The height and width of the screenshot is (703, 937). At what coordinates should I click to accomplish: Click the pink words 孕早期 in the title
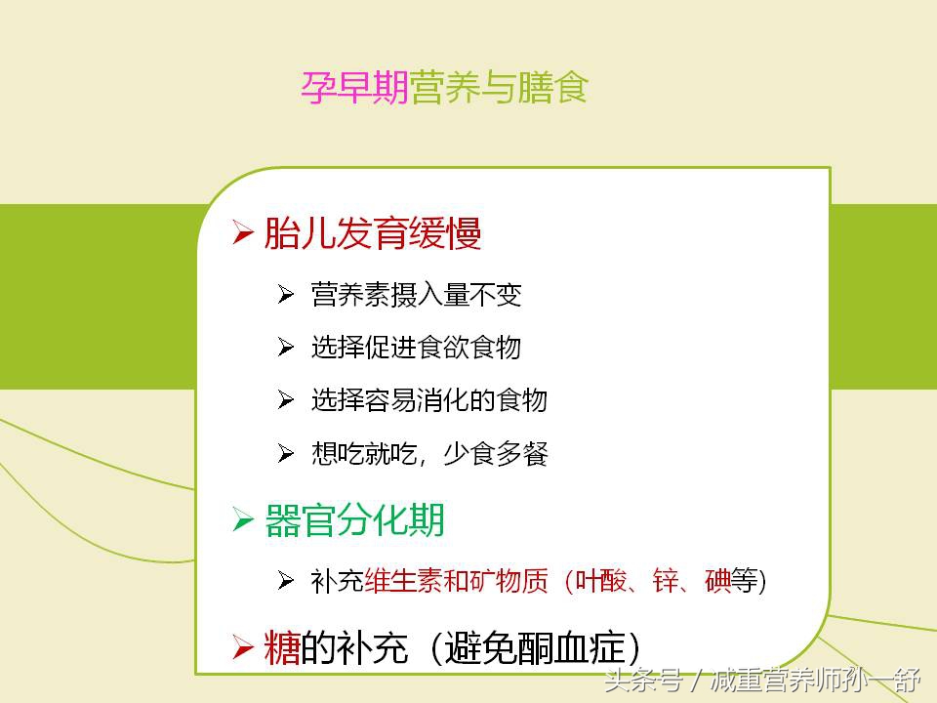coord(354,89)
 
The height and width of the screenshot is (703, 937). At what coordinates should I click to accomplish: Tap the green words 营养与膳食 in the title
coord(499,89)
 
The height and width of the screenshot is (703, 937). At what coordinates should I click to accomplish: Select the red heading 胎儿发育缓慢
coord(373,234)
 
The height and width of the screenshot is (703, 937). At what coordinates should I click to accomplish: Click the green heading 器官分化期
coord(354,520)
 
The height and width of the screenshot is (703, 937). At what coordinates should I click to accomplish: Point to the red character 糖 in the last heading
coord(282,648)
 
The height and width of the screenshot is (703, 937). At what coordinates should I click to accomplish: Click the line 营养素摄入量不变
coord(417,295)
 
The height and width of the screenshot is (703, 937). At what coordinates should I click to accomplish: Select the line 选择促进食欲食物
coord(417,347)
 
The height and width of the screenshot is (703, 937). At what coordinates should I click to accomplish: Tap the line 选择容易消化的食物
coord(429,399)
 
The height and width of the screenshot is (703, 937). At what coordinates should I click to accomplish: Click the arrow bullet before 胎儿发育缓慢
coord(243,235)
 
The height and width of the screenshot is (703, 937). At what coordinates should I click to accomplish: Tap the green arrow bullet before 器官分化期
coord(243,521)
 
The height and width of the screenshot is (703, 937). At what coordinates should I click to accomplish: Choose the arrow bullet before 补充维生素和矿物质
coord(286,582)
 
